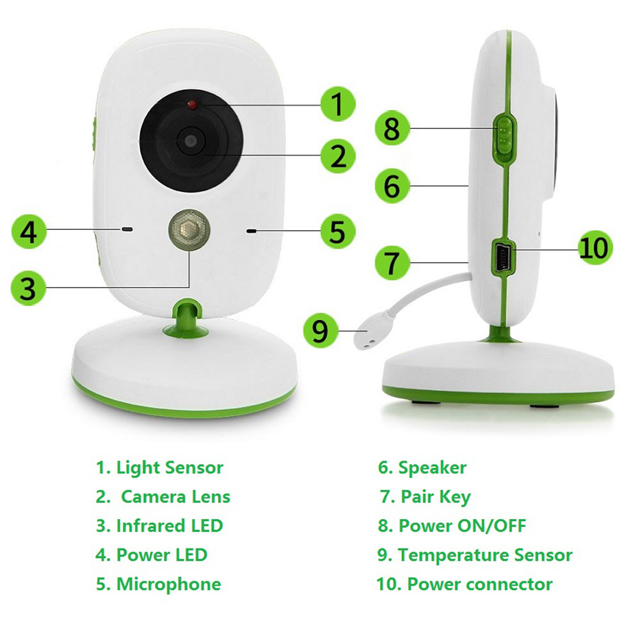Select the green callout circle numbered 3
(27, 287)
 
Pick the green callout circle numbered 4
(28, 232)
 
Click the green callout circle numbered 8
(392, 129)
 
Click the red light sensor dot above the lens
(191, 104)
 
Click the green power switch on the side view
(506, 134)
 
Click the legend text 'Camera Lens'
(175, 497)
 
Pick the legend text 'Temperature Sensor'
(484, 555)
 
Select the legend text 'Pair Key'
(435, 497)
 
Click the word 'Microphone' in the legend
(168, 584)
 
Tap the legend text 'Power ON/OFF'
(461, 525)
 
